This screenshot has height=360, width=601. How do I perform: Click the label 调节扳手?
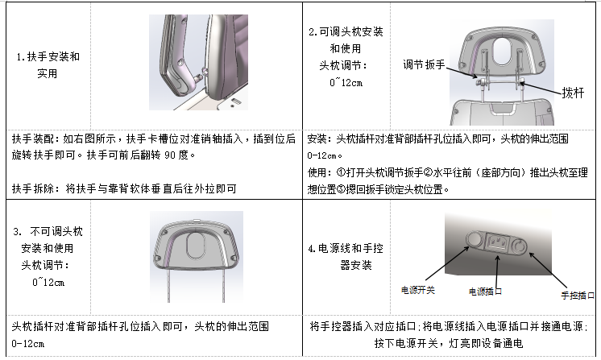[424, 64]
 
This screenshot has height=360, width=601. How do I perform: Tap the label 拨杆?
[573, 93]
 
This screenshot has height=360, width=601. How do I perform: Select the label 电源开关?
[418, 290]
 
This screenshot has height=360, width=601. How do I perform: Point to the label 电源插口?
[485, 292]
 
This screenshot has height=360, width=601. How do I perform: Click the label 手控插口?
[578, 296]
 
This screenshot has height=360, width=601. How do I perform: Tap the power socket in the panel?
[498, 242]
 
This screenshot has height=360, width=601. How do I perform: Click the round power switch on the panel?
[475, 239]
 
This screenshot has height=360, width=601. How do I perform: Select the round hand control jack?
[520, 246]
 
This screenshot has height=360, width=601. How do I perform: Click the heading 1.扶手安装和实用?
[48, 65]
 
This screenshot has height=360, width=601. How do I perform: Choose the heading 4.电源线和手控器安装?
[346, 257]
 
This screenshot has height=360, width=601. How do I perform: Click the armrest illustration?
[198, 63]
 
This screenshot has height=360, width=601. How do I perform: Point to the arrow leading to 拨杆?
[541, 89]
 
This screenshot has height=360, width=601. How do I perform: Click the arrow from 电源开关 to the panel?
[447, 263]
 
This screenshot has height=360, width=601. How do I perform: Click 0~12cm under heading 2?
[346, 83]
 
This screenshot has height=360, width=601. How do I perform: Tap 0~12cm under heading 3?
[48, 283]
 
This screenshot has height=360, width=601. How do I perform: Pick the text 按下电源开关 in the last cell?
[406, 343]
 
